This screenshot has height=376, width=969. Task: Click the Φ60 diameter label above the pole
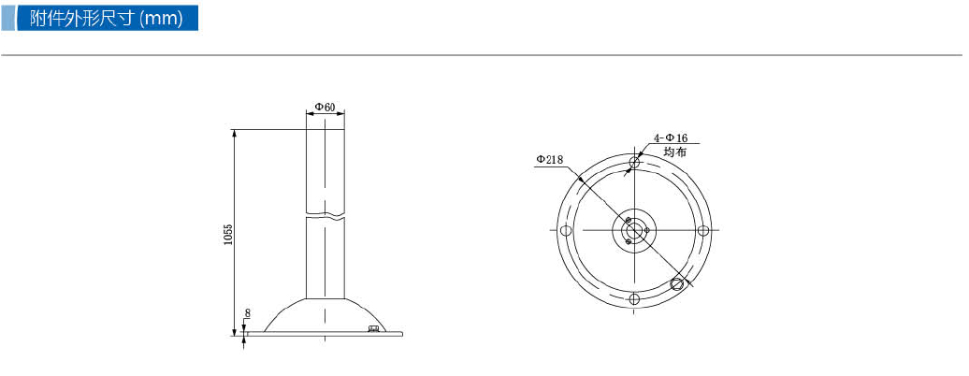point(325,107)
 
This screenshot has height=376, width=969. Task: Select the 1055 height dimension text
point(228,234)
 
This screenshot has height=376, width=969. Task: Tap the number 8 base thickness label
point(247,313)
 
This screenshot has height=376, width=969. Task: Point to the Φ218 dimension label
point(549,160)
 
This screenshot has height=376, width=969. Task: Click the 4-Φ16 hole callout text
point(671,138)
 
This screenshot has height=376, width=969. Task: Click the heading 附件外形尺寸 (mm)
point(107,18)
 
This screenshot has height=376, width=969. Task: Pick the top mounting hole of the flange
point(634,162)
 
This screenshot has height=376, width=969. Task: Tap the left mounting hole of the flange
point(565,231)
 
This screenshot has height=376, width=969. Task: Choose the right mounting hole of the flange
point(703,231)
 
